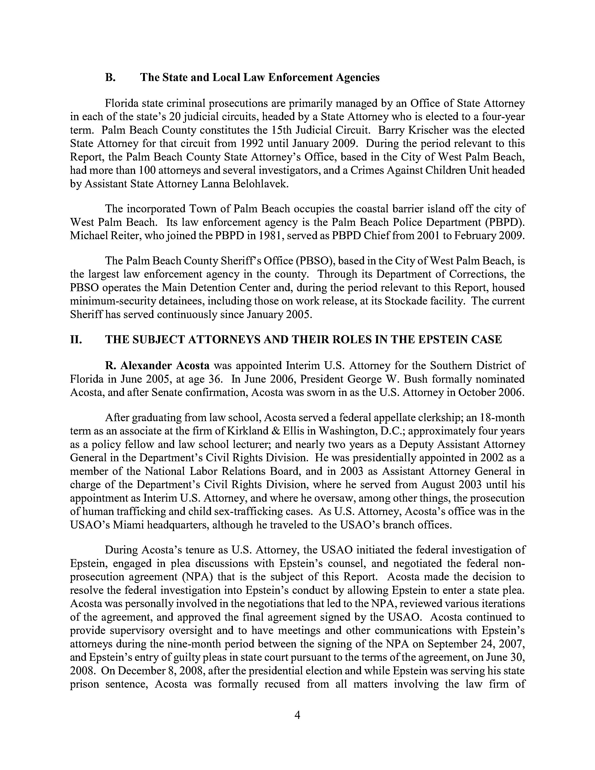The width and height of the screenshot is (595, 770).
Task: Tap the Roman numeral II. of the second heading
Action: (76, 339)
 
